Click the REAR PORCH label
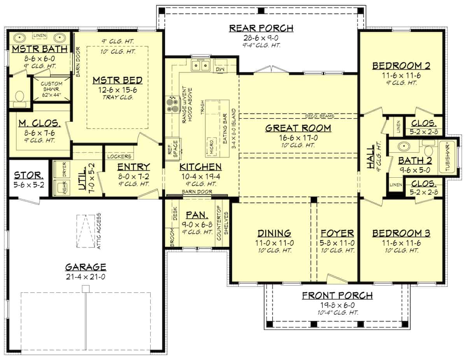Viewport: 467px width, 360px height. (x=261, y=28)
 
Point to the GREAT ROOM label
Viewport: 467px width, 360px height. (x=298, y=128)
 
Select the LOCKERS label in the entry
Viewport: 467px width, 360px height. (x=119, y=156)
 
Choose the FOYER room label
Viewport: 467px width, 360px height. (x=337, y=233)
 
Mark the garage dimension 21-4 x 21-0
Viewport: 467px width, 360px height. (x=85, y=277)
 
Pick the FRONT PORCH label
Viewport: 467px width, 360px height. (x=337, y=295)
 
